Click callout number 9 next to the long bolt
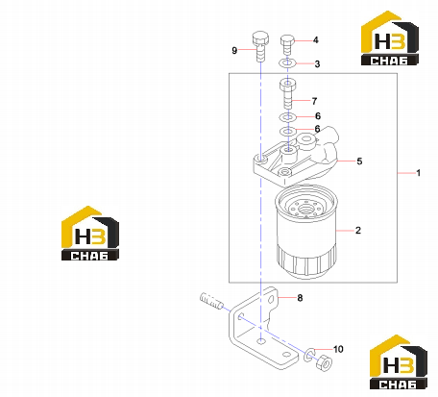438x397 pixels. point(234,50)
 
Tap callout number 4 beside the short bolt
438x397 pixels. point(316,40)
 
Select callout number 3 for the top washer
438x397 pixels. point(317,63)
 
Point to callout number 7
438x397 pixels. point(314,101)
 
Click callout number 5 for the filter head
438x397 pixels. point(359,161)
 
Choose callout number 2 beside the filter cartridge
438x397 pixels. point(358,230)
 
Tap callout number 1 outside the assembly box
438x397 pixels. point(418,173)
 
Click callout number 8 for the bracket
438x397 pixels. point(300,298)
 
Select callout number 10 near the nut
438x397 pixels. point(338,349)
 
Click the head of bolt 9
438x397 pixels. point(260,37)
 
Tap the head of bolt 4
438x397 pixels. point(287,40)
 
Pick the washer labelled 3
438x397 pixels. point(287,62)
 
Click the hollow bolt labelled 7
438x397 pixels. point(288,94)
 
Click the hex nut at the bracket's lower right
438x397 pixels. point(324,362)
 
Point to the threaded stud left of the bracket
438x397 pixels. point(211,302)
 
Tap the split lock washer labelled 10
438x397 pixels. point(309,355)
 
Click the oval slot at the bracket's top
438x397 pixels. point(272,300)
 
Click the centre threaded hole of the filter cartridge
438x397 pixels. point(305,210)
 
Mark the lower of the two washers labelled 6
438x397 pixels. point(287,131)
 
